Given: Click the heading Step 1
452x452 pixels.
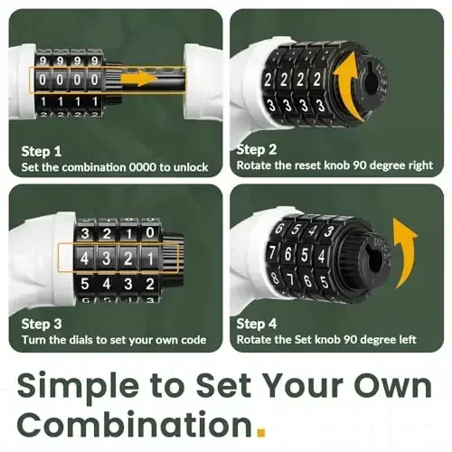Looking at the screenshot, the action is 42,151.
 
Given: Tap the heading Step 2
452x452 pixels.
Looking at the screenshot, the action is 257,149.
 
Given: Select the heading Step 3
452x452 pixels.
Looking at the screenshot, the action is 42,324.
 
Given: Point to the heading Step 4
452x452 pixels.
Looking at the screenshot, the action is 257,324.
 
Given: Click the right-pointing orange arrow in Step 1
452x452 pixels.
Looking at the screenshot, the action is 138,79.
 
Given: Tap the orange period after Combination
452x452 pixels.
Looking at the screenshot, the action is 261,432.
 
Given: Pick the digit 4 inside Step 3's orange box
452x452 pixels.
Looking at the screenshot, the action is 85,259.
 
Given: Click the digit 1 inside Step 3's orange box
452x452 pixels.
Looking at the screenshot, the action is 150,259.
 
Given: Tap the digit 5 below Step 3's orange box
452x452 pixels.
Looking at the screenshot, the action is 85,284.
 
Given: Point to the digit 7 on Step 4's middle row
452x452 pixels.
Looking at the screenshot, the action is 272,252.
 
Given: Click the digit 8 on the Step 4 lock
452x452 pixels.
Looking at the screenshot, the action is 275,278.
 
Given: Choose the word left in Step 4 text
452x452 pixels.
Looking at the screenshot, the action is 408,340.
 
